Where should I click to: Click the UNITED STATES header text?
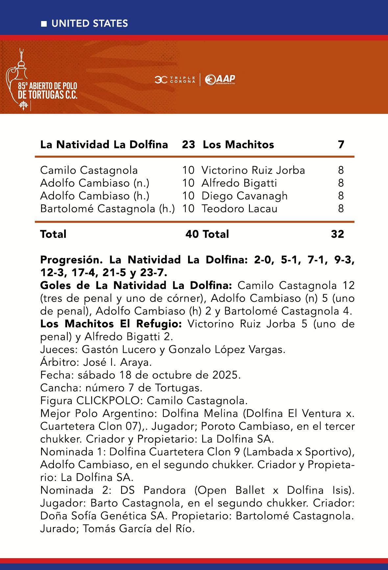coord(89,24)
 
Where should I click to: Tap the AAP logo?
coord(220,79)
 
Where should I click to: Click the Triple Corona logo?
coord(175,79)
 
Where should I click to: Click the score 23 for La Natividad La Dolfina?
coord(188,144)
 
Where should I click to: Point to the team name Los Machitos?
coord(238,144)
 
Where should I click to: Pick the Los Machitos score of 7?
coord(341,144)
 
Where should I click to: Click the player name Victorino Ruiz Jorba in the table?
coord(253,170)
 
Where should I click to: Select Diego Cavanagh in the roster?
coord(244,196)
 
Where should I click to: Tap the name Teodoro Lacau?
coord(239,209)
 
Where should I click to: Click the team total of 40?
coord(192,234)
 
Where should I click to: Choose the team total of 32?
coord(337,234)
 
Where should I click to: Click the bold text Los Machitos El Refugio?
coord(111,324)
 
